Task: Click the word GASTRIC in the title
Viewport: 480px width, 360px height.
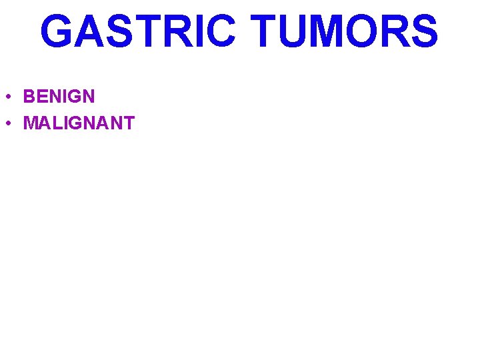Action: tap(137, 32)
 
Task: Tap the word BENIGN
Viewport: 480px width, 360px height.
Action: tap(59, 97)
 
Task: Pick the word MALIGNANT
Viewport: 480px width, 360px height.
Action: tap(79, 123)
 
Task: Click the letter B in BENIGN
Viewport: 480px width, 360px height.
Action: tap(29, 97)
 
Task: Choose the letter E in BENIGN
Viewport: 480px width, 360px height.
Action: tap(41, 97)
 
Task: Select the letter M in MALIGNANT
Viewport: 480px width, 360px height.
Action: tap(30, 123)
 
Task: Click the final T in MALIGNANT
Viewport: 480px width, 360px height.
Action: tap(129, 123)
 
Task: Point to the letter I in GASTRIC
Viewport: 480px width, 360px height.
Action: tap(197, 32)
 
